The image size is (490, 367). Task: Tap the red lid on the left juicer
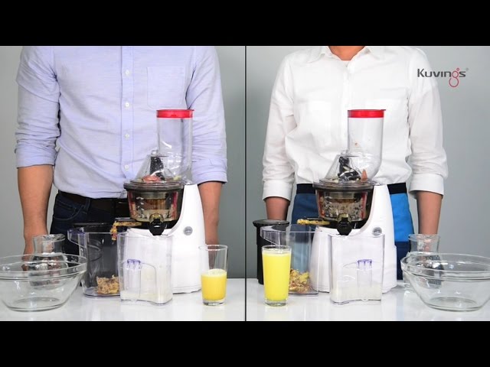click(175, 113)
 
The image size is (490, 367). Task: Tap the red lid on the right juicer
click(366, 114)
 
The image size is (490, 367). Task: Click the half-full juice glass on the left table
click(214, 275)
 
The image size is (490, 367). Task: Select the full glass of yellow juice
click(276, 275)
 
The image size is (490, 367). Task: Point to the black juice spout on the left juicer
click(156, 223)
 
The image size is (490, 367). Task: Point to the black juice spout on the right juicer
click(345, 224)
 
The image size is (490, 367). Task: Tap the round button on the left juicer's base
click(188, 231)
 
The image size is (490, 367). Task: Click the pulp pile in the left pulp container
click(107, 284)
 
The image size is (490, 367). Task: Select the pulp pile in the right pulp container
click(299, 281)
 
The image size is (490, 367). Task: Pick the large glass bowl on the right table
click(446, 281)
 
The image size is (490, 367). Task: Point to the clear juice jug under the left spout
click(146, 268)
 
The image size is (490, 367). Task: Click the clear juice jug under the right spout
click(358, 268)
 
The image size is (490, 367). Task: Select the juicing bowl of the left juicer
click(155, 200)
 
